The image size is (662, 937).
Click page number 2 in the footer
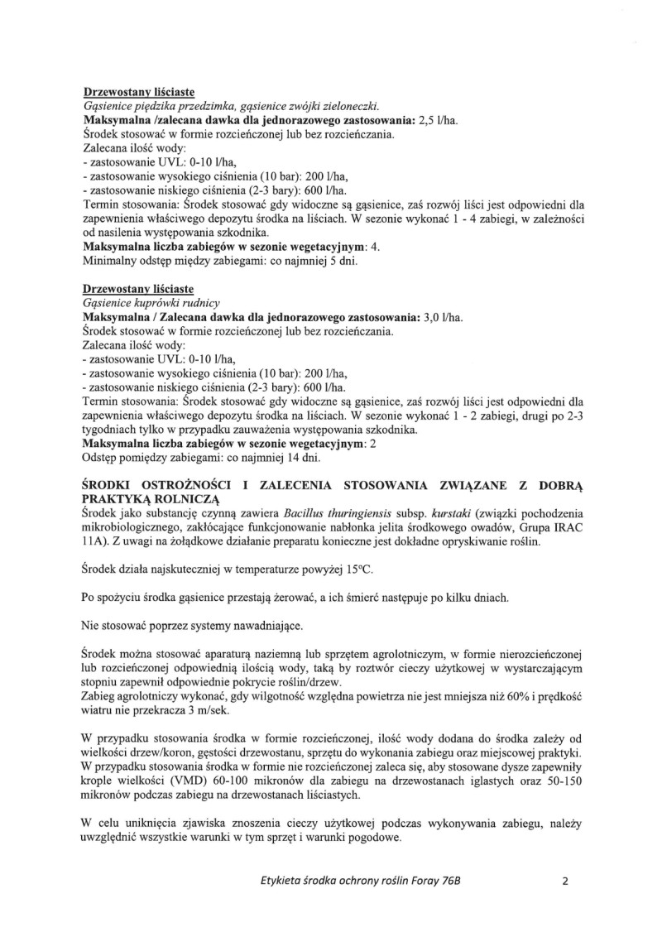pyautogui.click(x=566, y=881)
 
